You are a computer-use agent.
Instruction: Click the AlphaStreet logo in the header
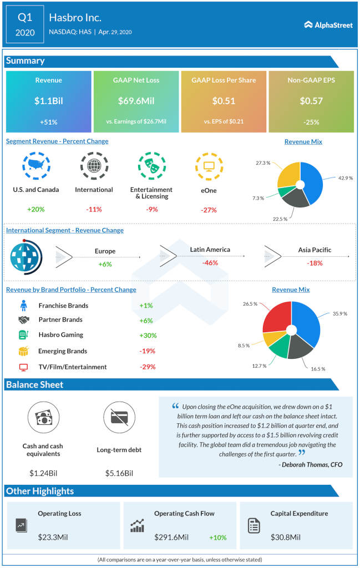tap(328, 25)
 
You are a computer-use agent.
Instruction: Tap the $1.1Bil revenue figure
tap(48, 101)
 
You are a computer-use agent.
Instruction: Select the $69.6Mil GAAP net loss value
tap(136, 101)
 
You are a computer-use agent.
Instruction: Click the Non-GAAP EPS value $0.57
tap(311, 101)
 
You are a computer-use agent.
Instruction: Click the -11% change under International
tap(94, 210)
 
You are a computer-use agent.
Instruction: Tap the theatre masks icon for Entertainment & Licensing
tap(150, 166)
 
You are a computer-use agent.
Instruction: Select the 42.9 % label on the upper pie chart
tap(344, 178)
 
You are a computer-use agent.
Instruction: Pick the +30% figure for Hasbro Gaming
tap(148, 335)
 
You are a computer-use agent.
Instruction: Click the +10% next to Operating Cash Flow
tap(217, 537)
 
